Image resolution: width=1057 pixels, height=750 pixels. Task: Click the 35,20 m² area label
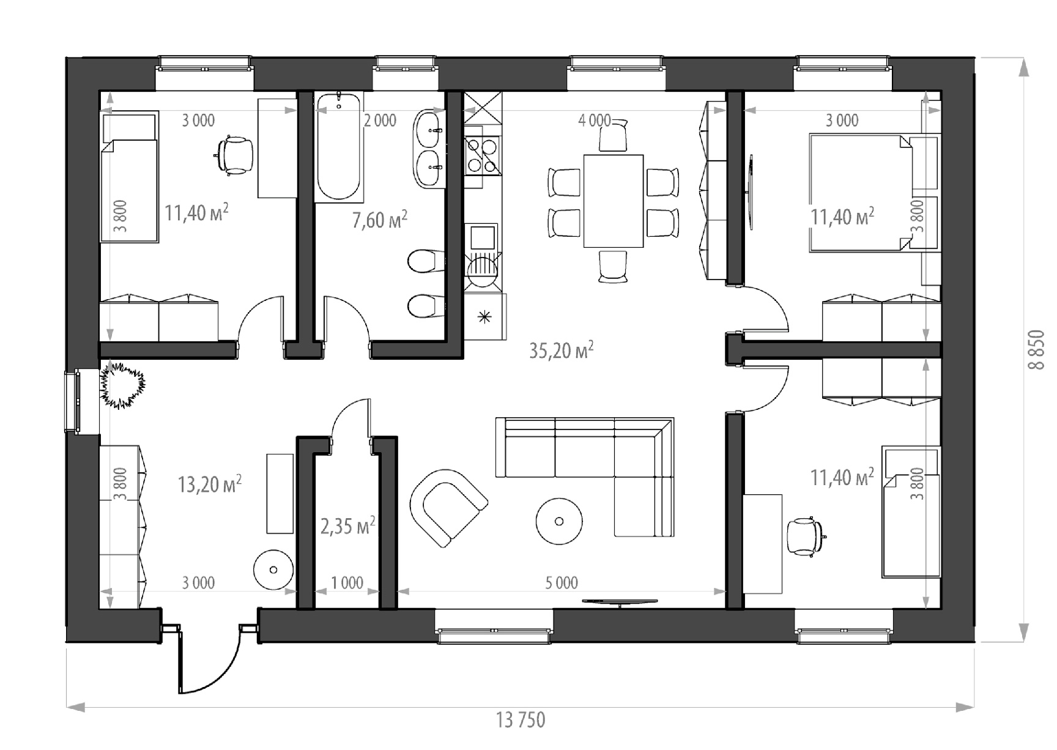561,351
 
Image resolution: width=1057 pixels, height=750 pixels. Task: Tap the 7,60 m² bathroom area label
380,220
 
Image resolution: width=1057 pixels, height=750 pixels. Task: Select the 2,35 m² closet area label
347,525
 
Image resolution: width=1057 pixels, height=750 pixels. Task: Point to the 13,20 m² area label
209,484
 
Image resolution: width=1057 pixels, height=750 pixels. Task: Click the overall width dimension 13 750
521,720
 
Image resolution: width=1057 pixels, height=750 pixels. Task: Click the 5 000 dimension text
562,582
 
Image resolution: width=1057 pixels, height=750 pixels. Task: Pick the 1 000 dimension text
347,582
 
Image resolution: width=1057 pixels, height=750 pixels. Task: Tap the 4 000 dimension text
594,121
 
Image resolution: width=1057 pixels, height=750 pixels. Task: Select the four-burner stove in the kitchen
483,155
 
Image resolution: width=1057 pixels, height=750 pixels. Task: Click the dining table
614,201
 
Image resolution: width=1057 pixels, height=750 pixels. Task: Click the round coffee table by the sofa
558,521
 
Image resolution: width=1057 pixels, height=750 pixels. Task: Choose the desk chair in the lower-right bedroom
806,537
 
